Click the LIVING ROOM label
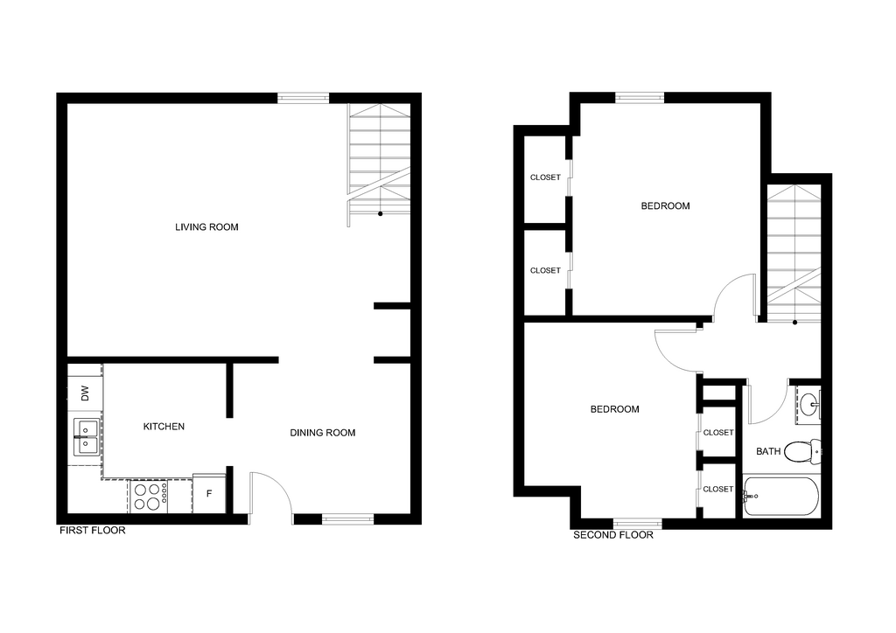pyautogui.click(x=206, y=227)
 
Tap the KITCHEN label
pyautogui.click(x=164, y=427)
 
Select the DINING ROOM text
pyautogui.click(x=322, y=433)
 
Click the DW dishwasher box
pyautogui.click(x=85, y=393)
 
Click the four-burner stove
pyautogui.click(x=149, y=496)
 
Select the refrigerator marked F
pyautogui.click(x=209, y=493)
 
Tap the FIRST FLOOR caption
pyautogui.click(x=93, y=530)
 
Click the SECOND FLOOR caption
pyautogui.click(x=613, y=535)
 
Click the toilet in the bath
pyautogui.click(x=802, y=451)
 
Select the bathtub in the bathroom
pyautogui.click(x=781, y=497)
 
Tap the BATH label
pyautogui.click(x=768, y=451)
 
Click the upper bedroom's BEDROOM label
pyautogui.click(x=665, y=206)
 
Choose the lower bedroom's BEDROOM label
pyautogui.click(x=614, y=409)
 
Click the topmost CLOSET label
pyautogui.click(x=545, y=177)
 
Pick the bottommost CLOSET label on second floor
pyautogui.click(x=717, y=489)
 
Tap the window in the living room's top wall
pyautogui.click(x=304, y=98)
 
